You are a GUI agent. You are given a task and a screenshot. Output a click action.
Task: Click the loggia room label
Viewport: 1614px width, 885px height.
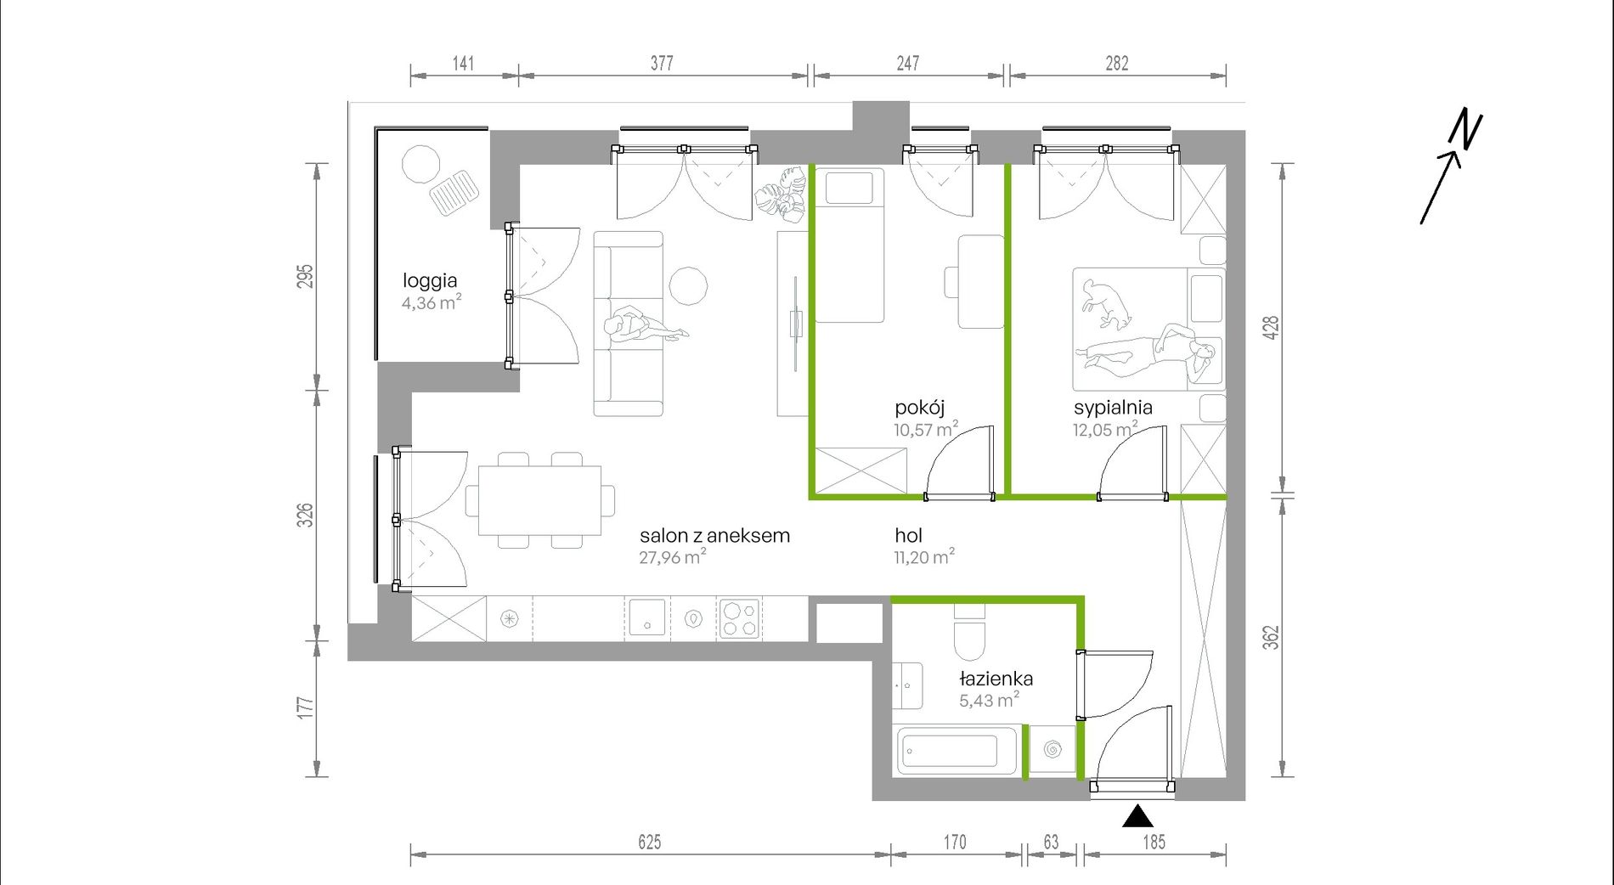pos(430,281)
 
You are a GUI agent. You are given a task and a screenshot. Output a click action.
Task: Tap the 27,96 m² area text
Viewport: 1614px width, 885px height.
pos(673,557)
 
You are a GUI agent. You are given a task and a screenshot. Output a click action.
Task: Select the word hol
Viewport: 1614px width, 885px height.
pos(908,535)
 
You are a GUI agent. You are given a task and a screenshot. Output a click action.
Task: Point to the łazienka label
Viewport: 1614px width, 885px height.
pos(996,679)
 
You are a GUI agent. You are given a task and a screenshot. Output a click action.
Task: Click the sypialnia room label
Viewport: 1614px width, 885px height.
pos(1113,408)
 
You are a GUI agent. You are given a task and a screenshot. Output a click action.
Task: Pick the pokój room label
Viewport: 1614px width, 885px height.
pos(919,408)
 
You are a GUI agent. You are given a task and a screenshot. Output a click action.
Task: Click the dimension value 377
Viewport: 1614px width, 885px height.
pos(662,63)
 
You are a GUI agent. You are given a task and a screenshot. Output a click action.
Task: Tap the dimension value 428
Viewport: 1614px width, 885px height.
pos(1271,328)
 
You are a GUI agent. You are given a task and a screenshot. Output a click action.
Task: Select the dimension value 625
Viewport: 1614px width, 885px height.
pos(650,842)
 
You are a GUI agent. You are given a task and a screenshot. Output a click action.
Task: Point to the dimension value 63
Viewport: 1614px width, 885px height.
pos(1051,842)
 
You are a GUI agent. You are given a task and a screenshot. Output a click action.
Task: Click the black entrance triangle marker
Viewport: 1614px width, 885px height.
pos(1137,817)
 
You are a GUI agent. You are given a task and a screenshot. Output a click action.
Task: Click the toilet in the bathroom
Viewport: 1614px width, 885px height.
pos(969,632)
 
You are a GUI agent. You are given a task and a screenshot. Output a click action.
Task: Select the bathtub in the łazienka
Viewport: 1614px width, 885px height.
pos(956,751)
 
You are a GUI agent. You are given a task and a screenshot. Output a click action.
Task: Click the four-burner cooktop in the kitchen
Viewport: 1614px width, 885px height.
pos(738,619)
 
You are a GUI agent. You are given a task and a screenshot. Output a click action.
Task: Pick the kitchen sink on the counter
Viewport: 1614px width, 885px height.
pos(647,618)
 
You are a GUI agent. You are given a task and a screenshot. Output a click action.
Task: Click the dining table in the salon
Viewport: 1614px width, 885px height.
pos(539,500)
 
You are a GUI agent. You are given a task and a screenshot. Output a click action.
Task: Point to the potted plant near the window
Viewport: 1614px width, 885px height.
pos(782,195)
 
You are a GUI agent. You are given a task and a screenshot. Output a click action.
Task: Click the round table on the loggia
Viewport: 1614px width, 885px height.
pos(420,164)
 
